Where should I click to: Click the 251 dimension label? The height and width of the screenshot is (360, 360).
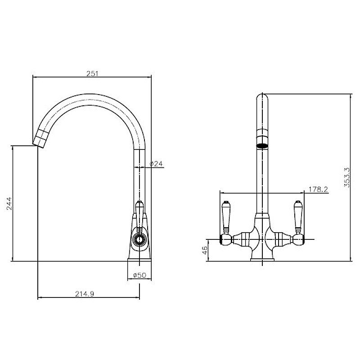click(x=92, y=73)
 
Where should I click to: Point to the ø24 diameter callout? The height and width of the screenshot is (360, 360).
click(x=155, y=164)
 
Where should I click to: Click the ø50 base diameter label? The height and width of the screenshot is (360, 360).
click(x=139, y=276)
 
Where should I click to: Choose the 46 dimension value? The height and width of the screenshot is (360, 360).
click(x=205, y=249)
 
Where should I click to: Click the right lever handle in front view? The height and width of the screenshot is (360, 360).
click(x=298, y=218)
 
